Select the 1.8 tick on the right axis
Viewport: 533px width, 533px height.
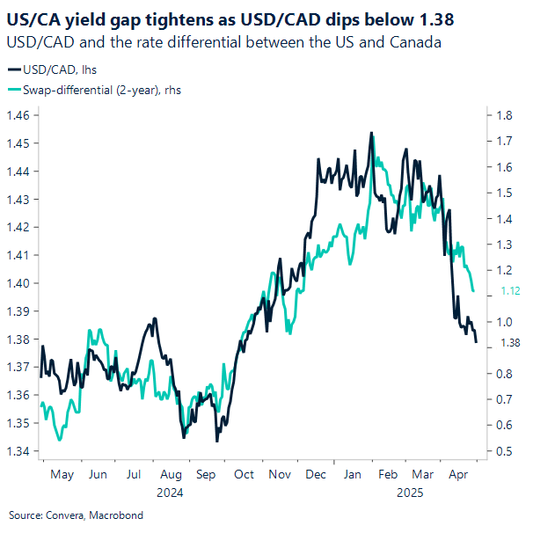click(x=504, y=115)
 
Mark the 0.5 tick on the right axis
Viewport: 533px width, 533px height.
click(x=504, y=452)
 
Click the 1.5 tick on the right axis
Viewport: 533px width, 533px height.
click(x=504, y=193)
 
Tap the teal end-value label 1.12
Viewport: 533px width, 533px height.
click(x=511, y=292)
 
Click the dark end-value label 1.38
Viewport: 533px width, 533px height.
click(x=511, y=343)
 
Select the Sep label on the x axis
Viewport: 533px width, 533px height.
click(x=206, y=474)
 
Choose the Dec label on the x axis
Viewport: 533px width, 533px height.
click(x=316, y=474)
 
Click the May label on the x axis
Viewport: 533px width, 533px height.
click(x=62, y=474)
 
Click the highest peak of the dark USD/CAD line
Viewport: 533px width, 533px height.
click(x=371, y=133)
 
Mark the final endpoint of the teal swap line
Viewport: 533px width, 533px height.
click(x=474, y=291)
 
